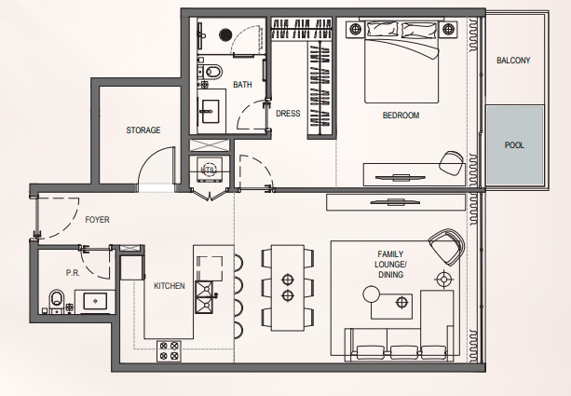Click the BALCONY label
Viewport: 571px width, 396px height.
point(513,61)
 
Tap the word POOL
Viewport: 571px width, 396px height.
point(514,145)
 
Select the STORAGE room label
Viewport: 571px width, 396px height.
point(143,130)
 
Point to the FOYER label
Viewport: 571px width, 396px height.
point(97,220)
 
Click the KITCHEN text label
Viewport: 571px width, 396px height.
point(170,286)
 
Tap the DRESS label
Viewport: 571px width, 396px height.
point(288,114)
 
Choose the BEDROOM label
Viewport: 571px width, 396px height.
point(401,116)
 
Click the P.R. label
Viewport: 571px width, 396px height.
point(73,273)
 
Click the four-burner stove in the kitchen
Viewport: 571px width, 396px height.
point(169,351)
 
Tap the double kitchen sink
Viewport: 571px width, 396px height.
point(204,297)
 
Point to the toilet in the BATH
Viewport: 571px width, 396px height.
point(213,72)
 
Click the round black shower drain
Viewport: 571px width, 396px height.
point(225,35)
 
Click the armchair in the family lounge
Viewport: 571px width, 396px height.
point(446,247)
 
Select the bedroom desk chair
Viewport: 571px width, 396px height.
point(451,162)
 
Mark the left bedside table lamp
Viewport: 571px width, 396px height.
point(356,29)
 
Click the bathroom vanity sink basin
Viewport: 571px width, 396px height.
point(209,111)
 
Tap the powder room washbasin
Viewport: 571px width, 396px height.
point(95,301)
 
